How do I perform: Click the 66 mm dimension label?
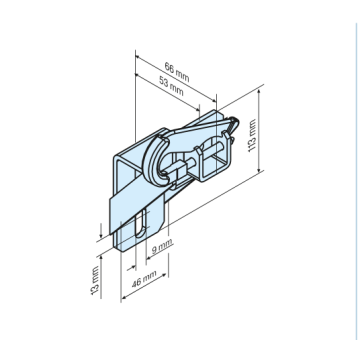177,72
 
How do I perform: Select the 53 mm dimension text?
171,87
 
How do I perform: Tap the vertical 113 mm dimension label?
252,136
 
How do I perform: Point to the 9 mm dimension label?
162,246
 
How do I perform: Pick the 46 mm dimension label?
144,279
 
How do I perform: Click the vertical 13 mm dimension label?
95,280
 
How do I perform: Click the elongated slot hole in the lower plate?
141,223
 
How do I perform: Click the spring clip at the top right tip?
235,126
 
